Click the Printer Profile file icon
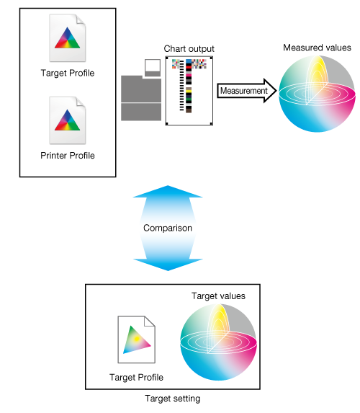tap(68, 120)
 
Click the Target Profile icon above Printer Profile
tap(68, 38)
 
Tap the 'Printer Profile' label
tap(68, 156)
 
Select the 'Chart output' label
tap(189, 49)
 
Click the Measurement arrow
tap(246, 91)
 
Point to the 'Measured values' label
tap(317, 48)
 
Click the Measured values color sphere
tap(317, 94)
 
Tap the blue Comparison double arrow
tap(168, 228)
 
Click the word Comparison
tap(168, 228)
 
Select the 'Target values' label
tap(218, 296)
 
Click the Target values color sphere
tap(218, 342)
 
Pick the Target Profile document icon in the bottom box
tap(136, 339)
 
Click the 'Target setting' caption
tap(173, 399)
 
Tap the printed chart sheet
tap(189, 91)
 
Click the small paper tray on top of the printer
tap(153, 68)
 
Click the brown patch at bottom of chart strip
tap(189, 110)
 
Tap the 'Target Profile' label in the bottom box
tap(136, 378)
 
